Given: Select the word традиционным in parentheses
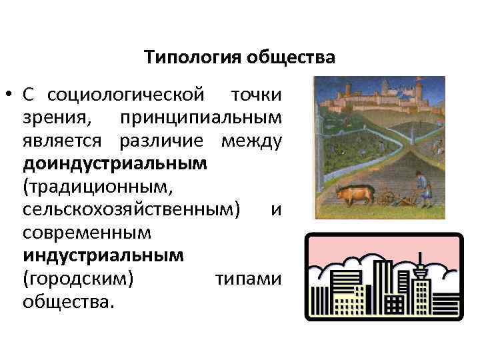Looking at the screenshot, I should [x=97, y=187].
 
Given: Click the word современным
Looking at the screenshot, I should [x=87, y=233].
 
